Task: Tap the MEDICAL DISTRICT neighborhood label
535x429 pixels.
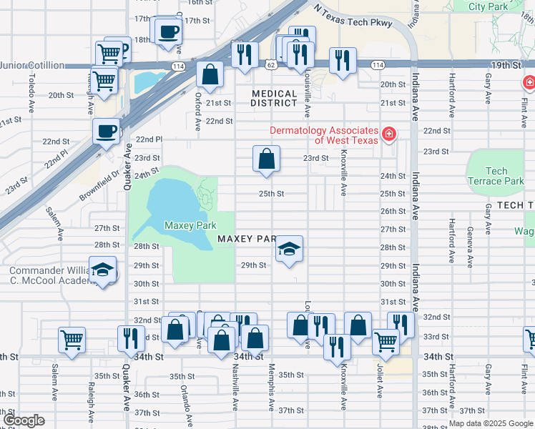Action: click(x=275, y=99)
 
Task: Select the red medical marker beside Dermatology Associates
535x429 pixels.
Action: click(x=388, y=134)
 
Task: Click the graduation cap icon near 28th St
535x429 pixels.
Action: click(x=289, y=250)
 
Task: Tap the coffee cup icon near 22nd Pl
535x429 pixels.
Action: click(x=107, y=132)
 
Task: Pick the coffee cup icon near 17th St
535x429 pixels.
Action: click(x=169, y=32)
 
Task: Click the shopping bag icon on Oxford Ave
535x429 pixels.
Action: click(x=210, y=74)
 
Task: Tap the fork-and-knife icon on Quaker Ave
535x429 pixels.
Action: click(x=130, y=338)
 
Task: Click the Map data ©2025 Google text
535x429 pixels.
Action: click(x=490, y=424)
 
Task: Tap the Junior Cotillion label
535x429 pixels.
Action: click(x=32, y=65)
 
